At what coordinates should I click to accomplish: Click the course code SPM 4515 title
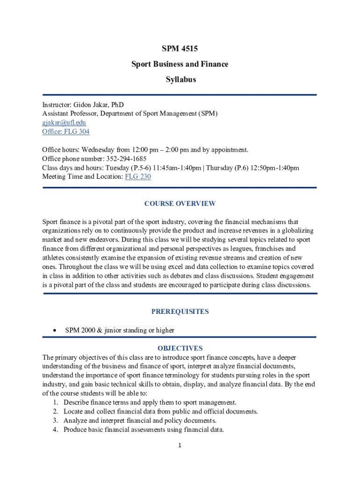click(x=180, y=48)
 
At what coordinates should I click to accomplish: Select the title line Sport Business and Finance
click(x=180, y=64)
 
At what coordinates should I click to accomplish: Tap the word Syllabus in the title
click(x=180, y=80)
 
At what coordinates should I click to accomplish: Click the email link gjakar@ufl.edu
click(x=64, y=123)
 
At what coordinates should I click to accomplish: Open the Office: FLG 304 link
click(x=66, y=131)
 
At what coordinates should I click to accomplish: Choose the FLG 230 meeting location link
click(x=138, y=177)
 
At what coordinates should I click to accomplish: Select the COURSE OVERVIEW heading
click(x=180, y=203)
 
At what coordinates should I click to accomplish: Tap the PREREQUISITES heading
click(x=180, y=312)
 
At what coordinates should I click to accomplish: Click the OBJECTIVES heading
click(x=180, y=348)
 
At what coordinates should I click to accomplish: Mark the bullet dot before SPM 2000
click(x=55, y=330)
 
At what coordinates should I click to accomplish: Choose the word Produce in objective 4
click(x=75, y=429)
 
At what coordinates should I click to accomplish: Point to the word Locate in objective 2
click(x=73, y=412)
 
